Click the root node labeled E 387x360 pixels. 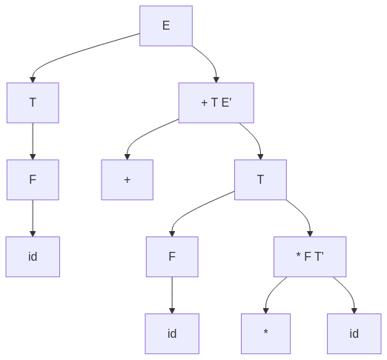[x=166, y=26]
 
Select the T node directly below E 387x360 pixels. [x=33, y=103]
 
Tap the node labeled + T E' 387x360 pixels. [x=216, y=103]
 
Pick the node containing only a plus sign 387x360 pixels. [x=128, y=180]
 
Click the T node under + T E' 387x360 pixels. [x=260, y=180]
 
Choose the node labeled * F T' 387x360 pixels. [x=310, y=257]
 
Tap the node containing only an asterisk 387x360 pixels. [x=265, y=334]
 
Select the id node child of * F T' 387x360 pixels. [x=354, y=334]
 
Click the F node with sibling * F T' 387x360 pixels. [x=172, y=257]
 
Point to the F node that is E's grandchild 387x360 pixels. [x=33, y=180]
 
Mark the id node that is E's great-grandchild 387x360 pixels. [x=33, y=257]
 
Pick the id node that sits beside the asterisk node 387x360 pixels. [x=354, y=334]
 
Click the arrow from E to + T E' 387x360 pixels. [x=210, y=60]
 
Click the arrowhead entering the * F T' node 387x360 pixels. [x=310, y=234]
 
